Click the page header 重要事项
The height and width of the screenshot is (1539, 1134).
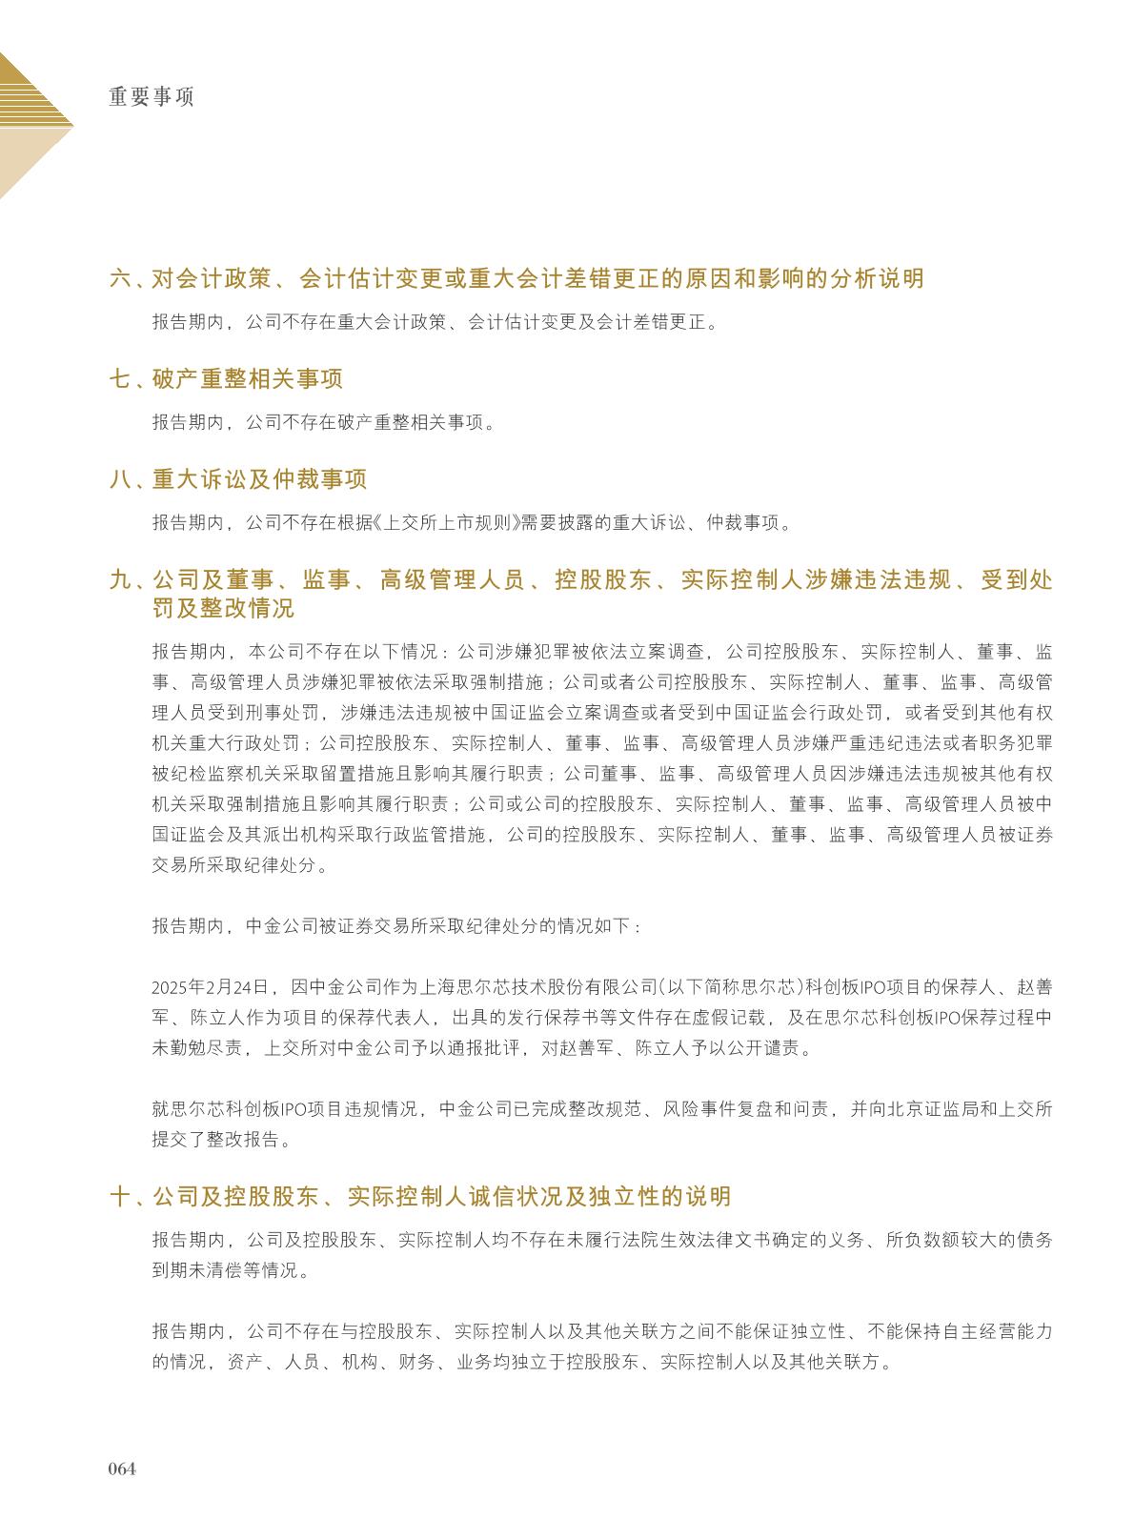tap(152, 97)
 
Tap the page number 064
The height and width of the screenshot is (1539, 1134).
tap(122, 1468)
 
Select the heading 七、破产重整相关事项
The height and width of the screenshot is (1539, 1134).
tap(227, 379)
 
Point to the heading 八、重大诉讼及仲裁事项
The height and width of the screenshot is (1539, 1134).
tap(238, 479)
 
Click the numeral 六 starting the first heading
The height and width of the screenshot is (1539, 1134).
tap(120, 279)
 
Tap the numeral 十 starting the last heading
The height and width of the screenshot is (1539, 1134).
tap(120, 1197)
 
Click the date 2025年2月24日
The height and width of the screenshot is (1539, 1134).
tap(212, 987)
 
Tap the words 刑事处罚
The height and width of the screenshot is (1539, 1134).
tap(283, 713)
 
